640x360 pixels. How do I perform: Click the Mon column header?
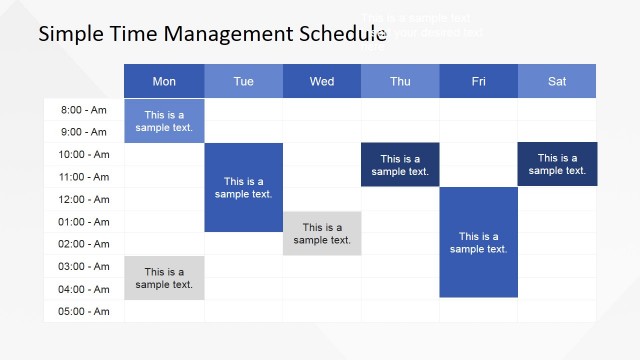click(164, 81)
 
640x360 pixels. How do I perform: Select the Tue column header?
click(243, 81)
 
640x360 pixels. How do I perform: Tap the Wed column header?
click(322, 81)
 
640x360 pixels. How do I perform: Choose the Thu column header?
click(400, 81)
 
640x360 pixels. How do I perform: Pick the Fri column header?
click(478, 81)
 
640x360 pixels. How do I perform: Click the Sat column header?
click(557, 81)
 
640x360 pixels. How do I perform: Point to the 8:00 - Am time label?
click(85, 110)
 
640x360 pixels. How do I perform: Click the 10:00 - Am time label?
click(85, 154)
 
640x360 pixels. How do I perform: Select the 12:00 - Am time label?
click(85, 199)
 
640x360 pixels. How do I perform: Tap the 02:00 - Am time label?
click(85, 244)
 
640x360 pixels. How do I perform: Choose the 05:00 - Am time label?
click(85, 311)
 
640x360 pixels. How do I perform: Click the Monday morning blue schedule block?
click(164, 120)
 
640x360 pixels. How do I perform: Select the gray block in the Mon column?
click(164, 278)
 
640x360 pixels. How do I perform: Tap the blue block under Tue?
click(243, 187)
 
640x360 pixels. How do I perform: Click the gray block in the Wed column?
click(322, 233)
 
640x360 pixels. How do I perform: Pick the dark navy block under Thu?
click(400, 165)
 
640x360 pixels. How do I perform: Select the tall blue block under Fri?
click(478, 242)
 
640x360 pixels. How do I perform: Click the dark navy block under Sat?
click(557, 164)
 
